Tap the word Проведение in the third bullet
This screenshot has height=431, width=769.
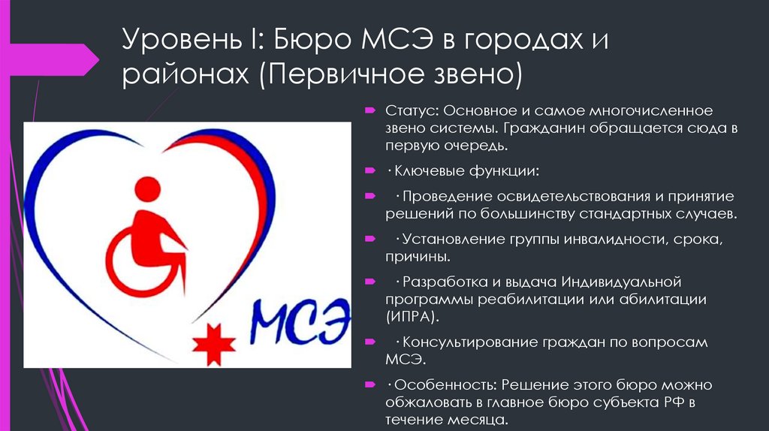[x=445, y=197]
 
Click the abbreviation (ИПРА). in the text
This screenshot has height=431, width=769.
[x=412, y=316]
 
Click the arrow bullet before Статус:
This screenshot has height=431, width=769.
[x=371, y=111]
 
